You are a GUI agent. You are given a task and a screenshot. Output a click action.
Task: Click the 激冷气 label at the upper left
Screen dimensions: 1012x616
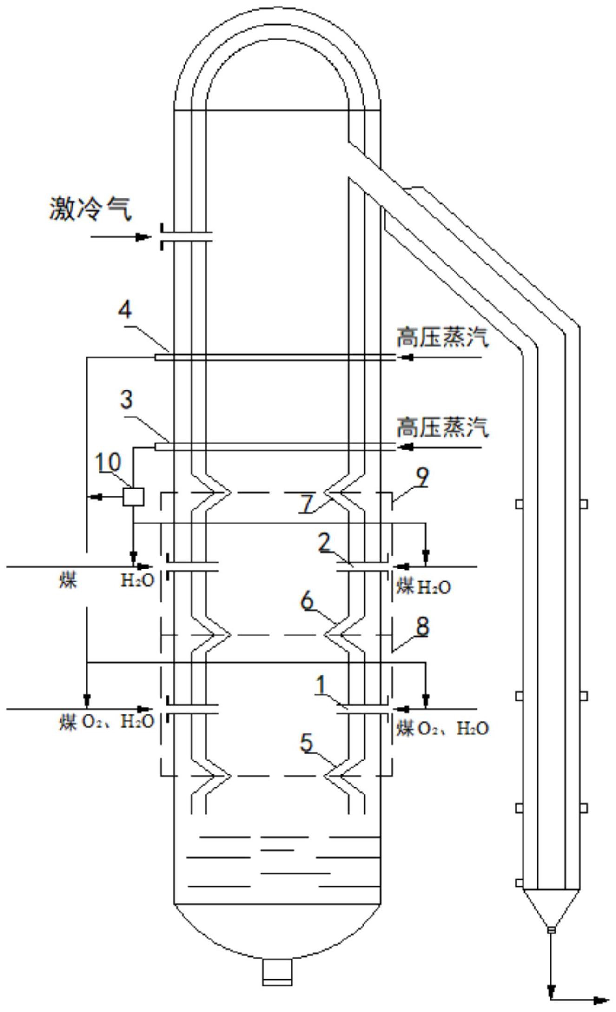click(x=90, y=209)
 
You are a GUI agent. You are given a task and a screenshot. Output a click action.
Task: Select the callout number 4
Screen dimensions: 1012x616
click(x=125, y=310)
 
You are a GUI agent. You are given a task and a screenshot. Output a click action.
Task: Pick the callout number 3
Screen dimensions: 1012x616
click(x=126, y=399)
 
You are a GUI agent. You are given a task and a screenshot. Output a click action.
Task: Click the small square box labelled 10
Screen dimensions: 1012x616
click(x=133, y=496)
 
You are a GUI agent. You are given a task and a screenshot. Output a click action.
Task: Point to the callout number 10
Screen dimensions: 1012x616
click(x=108, y=463)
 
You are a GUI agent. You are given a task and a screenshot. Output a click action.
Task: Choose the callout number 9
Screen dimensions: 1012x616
click(x=422, y=477)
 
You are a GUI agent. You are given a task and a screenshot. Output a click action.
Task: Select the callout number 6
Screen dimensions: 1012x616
click(x=307, y=602)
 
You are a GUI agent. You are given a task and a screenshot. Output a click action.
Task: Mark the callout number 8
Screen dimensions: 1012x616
click(x=422, y=627)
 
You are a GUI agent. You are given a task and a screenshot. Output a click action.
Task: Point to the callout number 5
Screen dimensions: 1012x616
click(x=307, y=742)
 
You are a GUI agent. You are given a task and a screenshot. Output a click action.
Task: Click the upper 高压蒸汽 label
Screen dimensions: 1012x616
click(x=442, y=337)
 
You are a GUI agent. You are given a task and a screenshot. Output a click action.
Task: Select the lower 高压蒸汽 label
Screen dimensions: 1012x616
click(x=442, y=427)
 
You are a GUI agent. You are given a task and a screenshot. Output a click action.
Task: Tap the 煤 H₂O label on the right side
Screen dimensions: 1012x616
click(x=423, y=587)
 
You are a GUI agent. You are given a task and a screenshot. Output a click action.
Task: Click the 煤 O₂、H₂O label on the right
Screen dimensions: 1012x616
click(x=442, y=728)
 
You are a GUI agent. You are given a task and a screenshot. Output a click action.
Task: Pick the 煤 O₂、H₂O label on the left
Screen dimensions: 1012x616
click(x=106, y=722)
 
